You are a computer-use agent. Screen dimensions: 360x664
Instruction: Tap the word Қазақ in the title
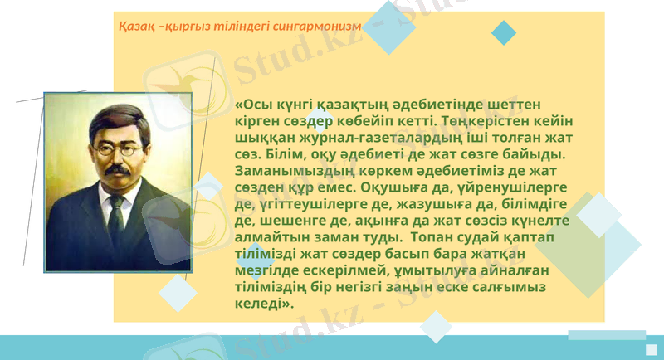[x=136, y=27]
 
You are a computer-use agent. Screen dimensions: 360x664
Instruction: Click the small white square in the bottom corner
[x=652, y=349]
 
